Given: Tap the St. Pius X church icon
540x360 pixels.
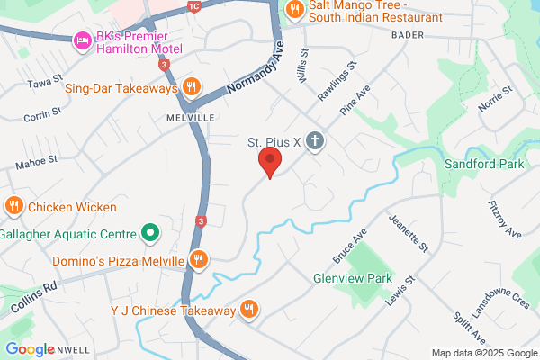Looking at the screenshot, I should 314,141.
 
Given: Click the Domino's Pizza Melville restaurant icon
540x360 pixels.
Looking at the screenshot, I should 200,261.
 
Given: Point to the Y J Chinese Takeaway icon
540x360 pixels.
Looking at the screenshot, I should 249,310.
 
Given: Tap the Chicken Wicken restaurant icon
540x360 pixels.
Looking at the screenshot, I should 13,206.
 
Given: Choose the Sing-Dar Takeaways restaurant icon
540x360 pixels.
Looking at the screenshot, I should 191,87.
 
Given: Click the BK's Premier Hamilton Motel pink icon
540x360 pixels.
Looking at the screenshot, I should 80,40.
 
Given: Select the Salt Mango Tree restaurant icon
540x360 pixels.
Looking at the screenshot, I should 293,9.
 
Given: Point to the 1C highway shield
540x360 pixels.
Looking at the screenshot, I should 193,6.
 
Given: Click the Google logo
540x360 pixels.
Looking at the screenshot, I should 31,349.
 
